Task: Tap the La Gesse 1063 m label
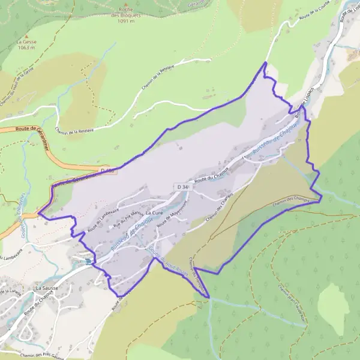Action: (x=26, y=45)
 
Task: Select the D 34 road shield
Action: (x=182, y=188)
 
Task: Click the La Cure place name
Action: (x=154, y=213)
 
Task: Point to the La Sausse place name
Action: (x=47, y=288)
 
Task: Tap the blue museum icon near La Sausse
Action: (x=88, y=262)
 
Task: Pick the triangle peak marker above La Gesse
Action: (x=26, y=35)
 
